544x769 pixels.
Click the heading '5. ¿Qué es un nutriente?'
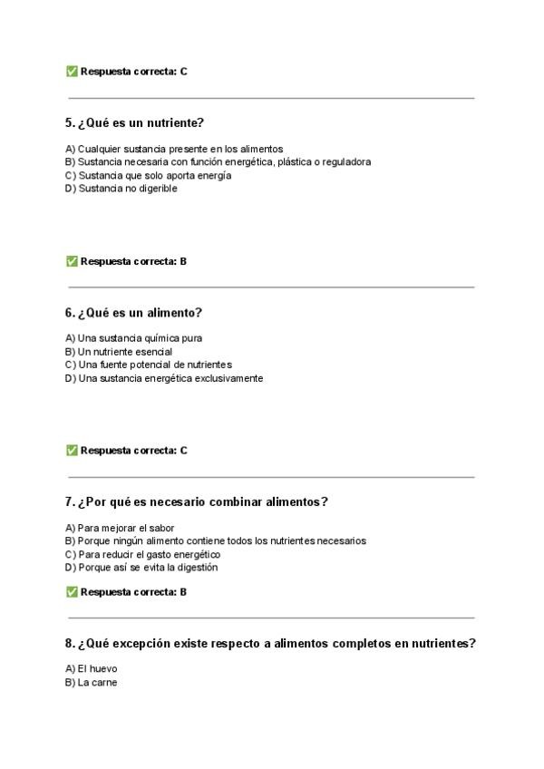point(134,122)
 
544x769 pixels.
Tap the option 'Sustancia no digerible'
point(121,189)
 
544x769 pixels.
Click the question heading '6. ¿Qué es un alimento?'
point(133,312)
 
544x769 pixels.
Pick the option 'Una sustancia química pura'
point(133,338)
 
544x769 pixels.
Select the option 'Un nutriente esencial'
point(118,351)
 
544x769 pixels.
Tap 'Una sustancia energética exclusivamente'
point(164,378)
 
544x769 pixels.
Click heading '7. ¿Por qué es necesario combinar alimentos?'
point(196,501)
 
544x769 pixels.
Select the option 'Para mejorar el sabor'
point(120,528)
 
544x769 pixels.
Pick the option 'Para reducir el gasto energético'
point(142,554)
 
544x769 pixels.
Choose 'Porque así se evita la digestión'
point(141,568)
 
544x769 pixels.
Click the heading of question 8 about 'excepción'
point(270,643)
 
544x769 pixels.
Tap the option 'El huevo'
point(91,669)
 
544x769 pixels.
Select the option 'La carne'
point(91,683)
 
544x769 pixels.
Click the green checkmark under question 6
point(72,450)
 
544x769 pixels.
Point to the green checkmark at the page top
point(72,71)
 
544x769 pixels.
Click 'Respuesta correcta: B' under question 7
point(132,592)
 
